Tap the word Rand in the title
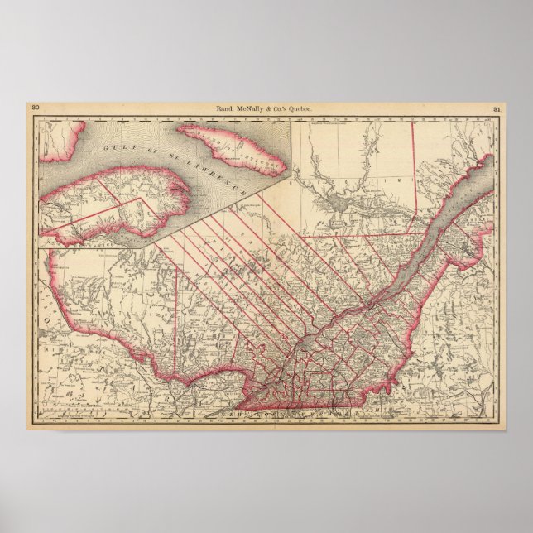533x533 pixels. (x=226, y=108)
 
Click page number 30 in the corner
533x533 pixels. (x=36, y=108)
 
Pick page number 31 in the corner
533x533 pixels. (x=497, y=108)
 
